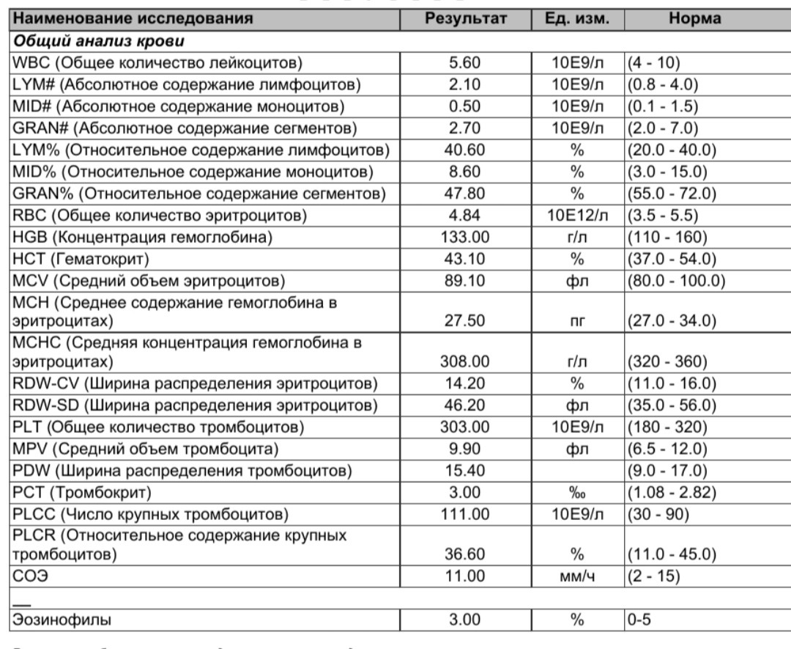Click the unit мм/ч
pos(576,576)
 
